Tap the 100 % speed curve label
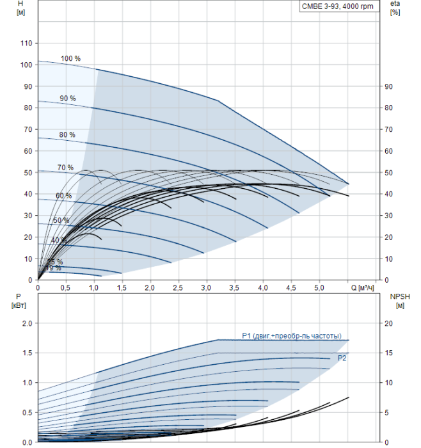70,59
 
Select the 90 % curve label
68,99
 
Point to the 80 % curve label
67,135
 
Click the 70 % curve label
65,168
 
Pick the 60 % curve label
63,196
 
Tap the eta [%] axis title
395,8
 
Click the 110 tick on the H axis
26,43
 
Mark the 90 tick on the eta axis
388,86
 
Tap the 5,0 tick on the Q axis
318,289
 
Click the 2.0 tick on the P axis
27,323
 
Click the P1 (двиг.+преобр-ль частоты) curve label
291,336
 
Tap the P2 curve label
342,358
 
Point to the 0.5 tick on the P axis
27,412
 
